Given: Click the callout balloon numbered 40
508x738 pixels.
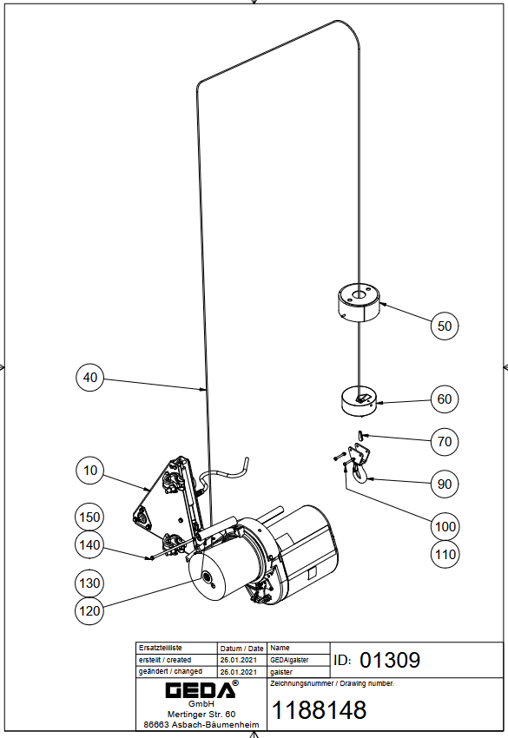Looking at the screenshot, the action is [x=90, y=378].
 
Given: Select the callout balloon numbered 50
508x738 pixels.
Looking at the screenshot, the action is [x=445, y=326].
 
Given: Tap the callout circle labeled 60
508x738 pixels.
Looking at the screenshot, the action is [x=445, y=399].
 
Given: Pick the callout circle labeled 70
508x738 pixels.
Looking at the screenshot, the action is [x=445, y=441].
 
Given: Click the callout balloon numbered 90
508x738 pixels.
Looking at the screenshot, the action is [x=445, y=484].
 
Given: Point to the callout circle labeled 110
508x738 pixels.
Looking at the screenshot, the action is [x=445, y=555].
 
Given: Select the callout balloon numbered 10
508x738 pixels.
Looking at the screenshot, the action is [x=90, y=471].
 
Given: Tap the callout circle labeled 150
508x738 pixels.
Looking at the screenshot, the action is [x=89, y=517].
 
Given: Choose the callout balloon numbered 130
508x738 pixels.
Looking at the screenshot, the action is [x=89, y=583].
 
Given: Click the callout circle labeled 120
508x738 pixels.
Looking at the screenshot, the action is [x=89, y=611].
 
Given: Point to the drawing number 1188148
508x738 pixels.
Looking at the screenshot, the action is [x=320, y=710].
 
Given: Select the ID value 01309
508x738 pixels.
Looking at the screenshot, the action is [x=390, y=660].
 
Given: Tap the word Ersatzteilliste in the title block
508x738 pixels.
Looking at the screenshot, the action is [x=160, y=648].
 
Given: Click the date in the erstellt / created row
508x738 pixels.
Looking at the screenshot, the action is [x=239, y=660].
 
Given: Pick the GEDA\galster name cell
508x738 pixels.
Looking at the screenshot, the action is [x=289, y=660].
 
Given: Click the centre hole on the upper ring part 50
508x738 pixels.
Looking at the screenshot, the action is [x=359, y=295].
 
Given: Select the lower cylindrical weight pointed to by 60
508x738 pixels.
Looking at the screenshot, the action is [x=359, y=401].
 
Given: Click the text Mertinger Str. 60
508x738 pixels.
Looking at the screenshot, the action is [x=201, y=714].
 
